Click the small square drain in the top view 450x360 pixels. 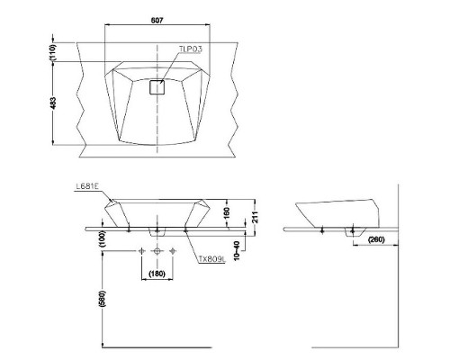tap(157, 87)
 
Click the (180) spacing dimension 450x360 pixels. tap(157, 273)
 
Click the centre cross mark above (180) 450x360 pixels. tap(157, 249)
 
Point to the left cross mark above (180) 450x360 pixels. tap(141, 249)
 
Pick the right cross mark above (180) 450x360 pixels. tap(174, 249)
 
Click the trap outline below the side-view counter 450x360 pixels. tap(349, 232)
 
